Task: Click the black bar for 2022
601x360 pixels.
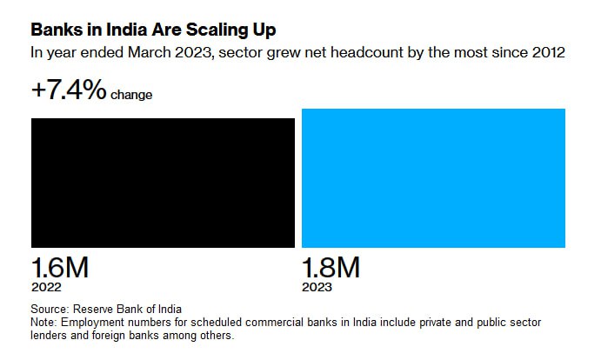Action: (163, 183)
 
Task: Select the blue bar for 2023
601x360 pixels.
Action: (433, 178)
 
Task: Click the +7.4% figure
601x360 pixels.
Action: (69, 90)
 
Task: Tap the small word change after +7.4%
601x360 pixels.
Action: (131, 95)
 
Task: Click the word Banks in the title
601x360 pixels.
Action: (55, 30)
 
